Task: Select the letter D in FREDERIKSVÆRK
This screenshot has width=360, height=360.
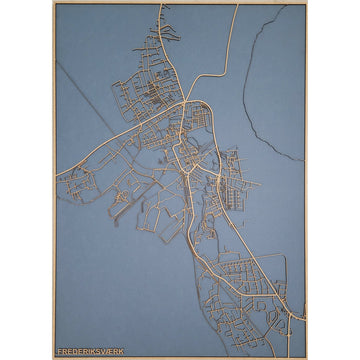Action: (74, 351)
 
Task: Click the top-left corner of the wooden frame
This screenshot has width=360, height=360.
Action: (54, 3)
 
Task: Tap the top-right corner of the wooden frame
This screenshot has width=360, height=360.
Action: (307, 3)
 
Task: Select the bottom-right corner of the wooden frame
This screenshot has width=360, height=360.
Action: (307, 357)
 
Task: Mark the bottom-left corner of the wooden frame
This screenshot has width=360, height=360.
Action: (54, 357)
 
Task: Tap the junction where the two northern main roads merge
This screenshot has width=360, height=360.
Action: (186, 100)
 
